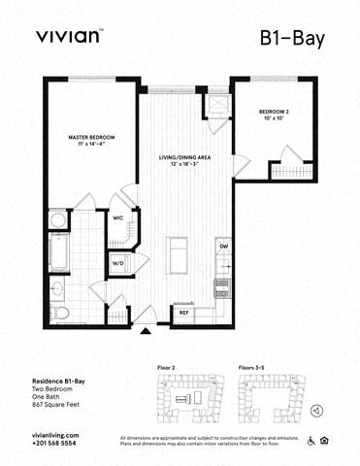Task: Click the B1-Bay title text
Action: (292, 38)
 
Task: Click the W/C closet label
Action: (118, 218)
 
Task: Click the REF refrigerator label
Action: (182, 313)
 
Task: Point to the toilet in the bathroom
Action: (60, 312)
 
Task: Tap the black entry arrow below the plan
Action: (145, 332)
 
